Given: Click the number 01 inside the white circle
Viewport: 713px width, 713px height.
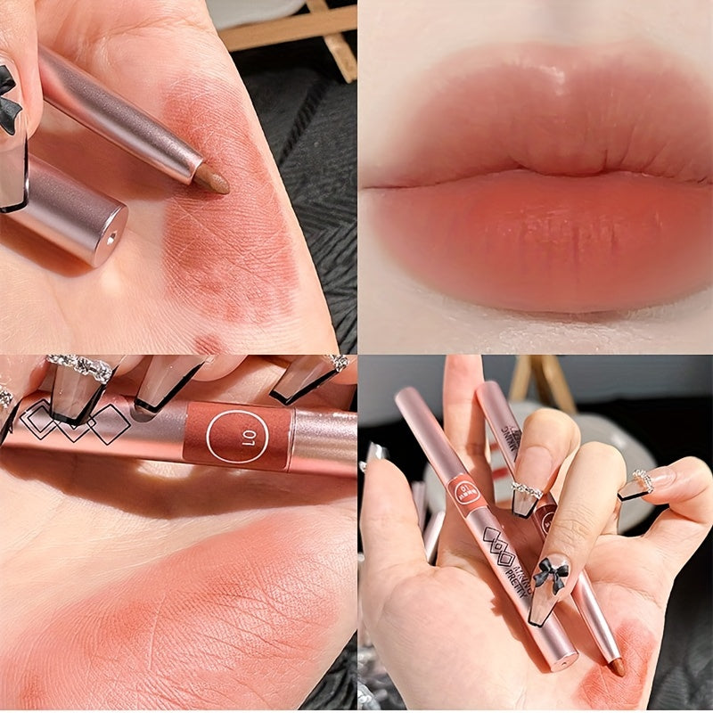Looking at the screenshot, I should click(x=236, y=436).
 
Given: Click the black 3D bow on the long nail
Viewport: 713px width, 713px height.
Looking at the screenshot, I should click(x=550, y=575).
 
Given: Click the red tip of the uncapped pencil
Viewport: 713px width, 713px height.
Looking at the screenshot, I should click(x=616, y=667).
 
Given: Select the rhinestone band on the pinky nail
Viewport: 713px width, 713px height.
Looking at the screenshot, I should click(x=643, y=482).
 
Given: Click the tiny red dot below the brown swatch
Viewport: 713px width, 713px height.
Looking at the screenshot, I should click(x=207, y=342).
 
